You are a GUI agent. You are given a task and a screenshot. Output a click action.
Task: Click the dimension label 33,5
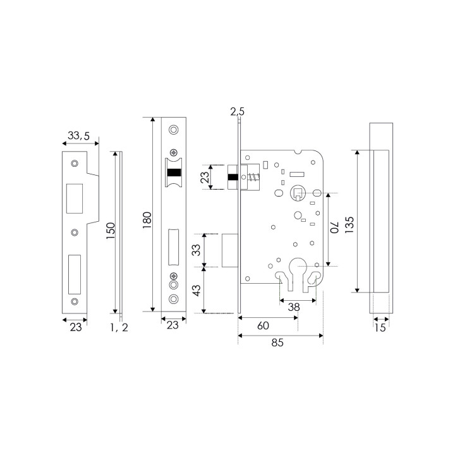pos(78,135)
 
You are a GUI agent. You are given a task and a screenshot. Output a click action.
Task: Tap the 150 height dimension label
pos(111,231)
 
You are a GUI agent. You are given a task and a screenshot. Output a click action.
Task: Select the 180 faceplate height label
pos(147,220)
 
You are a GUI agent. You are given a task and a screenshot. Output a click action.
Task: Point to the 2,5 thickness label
pos(238,111)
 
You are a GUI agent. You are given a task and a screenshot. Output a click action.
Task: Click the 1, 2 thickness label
pos(119,327)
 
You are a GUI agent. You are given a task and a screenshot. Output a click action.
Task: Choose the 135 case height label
pos(349,225)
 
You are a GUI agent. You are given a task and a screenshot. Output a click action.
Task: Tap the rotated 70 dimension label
pos(334,227)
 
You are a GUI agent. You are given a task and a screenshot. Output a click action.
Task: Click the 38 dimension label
pos(294,307)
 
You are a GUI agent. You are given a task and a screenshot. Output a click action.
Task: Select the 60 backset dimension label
pos(263,325)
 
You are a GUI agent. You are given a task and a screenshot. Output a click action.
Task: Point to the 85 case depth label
pos(277,343)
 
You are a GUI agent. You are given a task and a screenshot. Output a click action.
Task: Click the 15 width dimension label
pos(380,327)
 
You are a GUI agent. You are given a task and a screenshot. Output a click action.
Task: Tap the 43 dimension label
pos(197,290)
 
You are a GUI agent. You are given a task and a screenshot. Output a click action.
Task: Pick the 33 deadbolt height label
pos(197,250)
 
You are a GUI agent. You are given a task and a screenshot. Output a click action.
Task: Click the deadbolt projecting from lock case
pos(230,250)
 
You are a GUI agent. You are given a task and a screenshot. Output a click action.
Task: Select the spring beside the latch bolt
pos(253,177)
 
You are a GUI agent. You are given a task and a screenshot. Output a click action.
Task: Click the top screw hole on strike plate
pos(75,164)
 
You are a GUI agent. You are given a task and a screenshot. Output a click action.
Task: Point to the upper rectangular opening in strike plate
pos(75,198)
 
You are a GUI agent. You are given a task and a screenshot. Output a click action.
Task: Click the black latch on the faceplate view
pos(174,173)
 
